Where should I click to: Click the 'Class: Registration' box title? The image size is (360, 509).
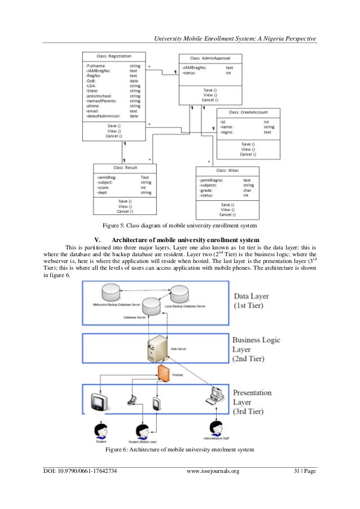[114, 56]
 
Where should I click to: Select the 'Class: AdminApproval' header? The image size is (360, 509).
[209, 58]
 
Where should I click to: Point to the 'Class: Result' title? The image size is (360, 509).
[125, 168]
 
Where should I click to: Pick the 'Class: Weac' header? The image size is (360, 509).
[227, 170]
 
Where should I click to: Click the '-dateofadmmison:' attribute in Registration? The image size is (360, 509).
[103, 116]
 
